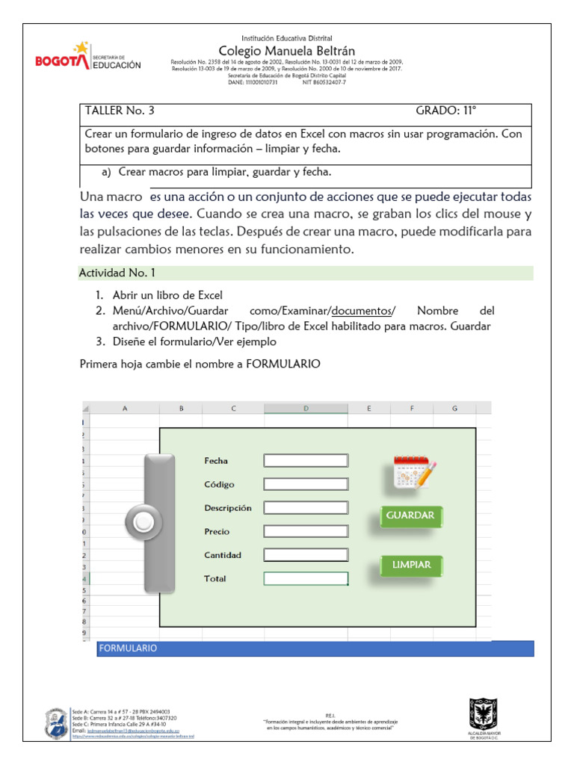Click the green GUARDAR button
[x=410, y=515]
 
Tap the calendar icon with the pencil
[x=414, y=472]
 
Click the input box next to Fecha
[x=306, y=461]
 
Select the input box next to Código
[x=306, y=484]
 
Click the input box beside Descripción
[x=306, y=508]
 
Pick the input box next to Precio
[x=306, y=532]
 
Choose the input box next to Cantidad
[x=306, y=555]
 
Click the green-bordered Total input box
[x=306, y=578]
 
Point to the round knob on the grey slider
[x=143, y=522]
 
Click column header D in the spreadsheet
[x=306, y=408]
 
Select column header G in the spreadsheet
[x=454, y=408]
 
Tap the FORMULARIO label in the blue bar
[x=128, y=648]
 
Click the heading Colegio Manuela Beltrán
[x=286, y=50]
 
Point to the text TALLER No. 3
[x=120, y=111]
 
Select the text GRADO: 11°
[x=445, y=111]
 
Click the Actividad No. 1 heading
[x=117, y=273]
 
